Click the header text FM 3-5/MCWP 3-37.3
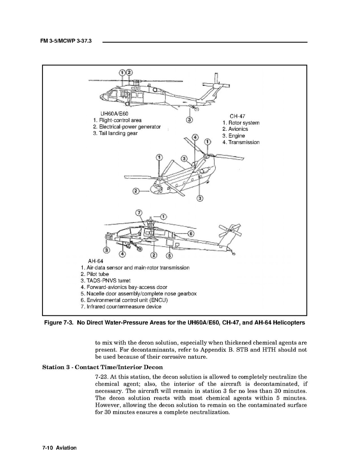pos(66,41)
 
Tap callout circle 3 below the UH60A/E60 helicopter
pos(189,119)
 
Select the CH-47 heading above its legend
pos(237,116)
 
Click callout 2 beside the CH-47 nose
pos(136,191)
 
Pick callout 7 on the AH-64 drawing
pos(138,213)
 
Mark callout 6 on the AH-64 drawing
pos(191,233)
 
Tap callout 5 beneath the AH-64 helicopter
pos(169,256)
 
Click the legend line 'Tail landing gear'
pos(115,133)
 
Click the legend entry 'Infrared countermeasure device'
pos(121,307)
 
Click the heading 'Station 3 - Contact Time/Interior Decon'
pos(102,367)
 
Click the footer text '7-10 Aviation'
pos(59,448)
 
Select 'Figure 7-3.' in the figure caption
pos(59,323)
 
